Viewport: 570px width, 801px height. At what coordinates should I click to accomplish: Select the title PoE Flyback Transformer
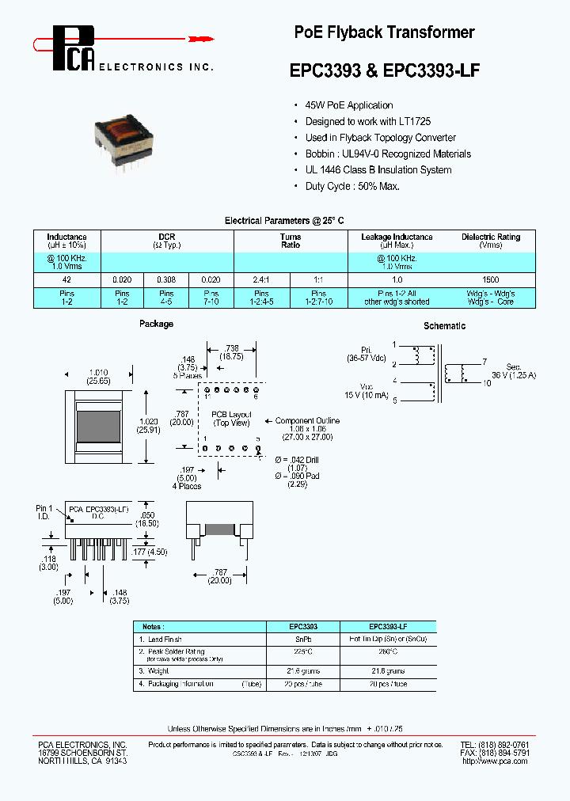pos(384,32)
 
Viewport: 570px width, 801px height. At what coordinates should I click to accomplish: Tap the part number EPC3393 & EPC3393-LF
pos(384,70)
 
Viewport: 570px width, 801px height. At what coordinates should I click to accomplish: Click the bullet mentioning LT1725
pos(368,122)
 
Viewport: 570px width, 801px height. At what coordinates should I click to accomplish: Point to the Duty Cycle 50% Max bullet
pos(352,186)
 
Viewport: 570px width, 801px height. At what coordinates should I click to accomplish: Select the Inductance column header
pos(66,241)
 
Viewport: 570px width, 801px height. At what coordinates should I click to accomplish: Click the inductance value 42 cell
pos(66,279)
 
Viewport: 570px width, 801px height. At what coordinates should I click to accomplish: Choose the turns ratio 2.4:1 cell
pos(262,279)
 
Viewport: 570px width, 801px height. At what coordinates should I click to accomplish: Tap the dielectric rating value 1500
pos(490,279)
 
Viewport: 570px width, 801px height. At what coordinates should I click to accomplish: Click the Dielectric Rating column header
pos(490,241)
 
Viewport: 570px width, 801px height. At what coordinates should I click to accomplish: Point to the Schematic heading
pos(444,326)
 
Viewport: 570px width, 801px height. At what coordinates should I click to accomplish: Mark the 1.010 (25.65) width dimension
pos(98,376)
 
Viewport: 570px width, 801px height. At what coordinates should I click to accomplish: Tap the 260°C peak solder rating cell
pos(388,651)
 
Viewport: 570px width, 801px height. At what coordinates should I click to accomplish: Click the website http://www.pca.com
pos(494,761)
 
